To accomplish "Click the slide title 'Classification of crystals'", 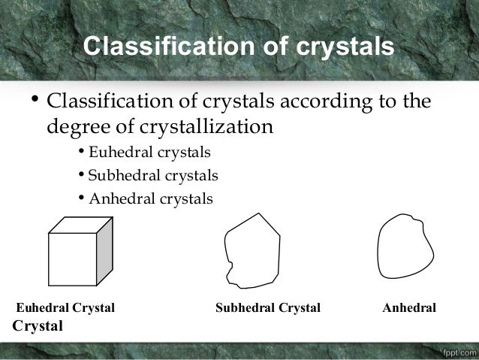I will click(238, 46).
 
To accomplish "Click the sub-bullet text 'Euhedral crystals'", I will click(149, 153).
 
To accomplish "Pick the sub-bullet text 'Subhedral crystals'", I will click(153, 176).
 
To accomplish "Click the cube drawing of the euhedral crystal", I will click(80, 252).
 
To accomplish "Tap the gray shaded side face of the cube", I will click(104, 251).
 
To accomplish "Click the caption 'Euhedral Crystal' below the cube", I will click(65, 308).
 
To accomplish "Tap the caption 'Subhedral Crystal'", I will click(268, 308).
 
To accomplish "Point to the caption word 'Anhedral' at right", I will click(409, 308).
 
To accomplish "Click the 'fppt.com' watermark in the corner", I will click(456, 351).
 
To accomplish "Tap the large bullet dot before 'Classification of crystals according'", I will click(35, 99).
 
